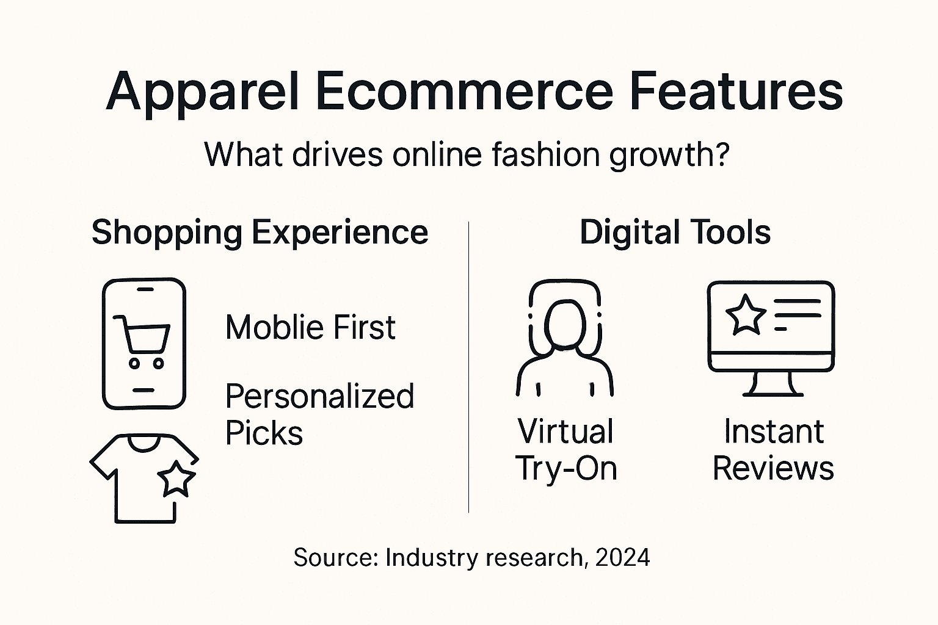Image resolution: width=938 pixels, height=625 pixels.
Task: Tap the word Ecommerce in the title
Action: point(465,91)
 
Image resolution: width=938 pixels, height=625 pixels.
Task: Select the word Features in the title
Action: point(736,91)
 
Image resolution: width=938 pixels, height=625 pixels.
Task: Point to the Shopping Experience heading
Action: point(260,233)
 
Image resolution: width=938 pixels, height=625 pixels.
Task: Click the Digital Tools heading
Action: point(675,233)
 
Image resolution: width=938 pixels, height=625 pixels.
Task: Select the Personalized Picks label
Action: point(319,414)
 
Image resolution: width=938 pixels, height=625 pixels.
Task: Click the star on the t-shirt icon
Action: point(177,479)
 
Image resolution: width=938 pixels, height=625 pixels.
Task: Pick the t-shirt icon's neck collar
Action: point(144,443)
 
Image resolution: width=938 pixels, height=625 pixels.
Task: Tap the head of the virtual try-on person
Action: point(565,323)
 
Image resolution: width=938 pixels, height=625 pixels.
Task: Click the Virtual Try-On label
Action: point(566,450)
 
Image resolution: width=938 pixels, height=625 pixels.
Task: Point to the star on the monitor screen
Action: point(745,314)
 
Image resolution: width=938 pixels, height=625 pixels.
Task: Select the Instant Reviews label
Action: point(773,450)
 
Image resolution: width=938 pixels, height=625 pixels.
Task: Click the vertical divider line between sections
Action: point(468,366)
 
